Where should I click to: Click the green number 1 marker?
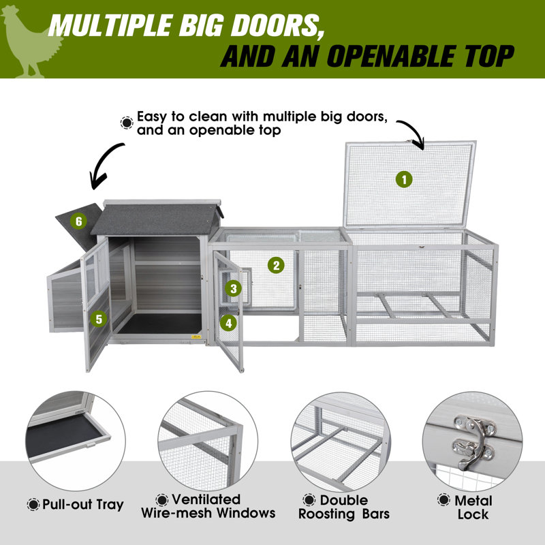coord(404,180)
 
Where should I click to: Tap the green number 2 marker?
coord(276,265)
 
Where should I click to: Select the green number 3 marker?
coord(233,288)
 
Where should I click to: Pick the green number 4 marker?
coord(228,323)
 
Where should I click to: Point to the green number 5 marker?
coord(99,319)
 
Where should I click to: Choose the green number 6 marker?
coord(78,221)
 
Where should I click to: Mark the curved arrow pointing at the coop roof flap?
coord(104,164)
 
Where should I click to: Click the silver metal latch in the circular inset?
coord(472,441)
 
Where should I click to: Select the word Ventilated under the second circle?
coord(206,499)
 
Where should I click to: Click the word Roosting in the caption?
coord(326,514)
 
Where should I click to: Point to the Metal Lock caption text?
coord(473,508)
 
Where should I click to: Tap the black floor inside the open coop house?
coord(160,324)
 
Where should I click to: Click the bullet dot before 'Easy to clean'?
coord(127,123)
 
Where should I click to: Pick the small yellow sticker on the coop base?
coord(196,337)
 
